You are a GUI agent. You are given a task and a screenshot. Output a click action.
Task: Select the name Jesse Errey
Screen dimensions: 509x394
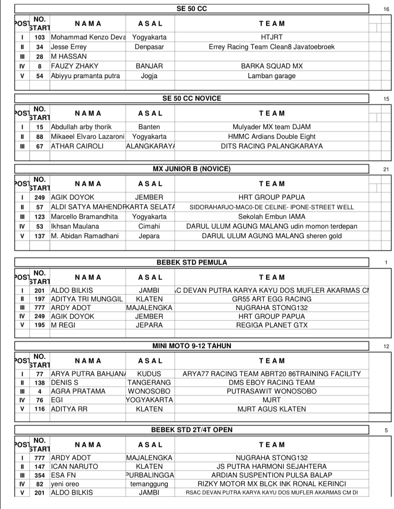(67, 47)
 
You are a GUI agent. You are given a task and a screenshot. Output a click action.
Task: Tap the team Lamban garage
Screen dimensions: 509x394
(272, 76)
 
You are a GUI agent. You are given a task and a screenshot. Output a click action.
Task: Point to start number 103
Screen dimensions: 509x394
(40, 37)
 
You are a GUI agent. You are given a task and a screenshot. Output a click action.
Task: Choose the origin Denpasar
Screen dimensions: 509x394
(149, 47)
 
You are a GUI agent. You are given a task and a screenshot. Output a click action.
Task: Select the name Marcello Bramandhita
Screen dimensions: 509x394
(84, 217)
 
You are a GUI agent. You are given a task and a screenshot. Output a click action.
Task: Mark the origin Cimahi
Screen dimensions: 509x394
(149, 226)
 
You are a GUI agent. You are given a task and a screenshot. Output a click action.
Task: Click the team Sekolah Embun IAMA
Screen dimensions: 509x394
(272, 217)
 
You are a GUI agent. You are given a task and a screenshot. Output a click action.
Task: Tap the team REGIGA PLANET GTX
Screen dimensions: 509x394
(272, 325)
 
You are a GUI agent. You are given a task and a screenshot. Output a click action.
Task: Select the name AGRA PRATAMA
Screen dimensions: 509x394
(75, 391)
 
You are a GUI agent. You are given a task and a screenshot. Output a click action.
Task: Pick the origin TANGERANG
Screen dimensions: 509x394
(149, 383)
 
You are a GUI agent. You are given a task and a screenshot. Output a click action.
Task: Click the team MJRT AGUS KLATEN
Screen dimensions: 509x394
(272, 409)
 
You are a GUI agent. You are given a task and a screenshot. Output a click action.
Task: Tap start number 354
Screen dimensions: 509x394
(40, 475)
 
